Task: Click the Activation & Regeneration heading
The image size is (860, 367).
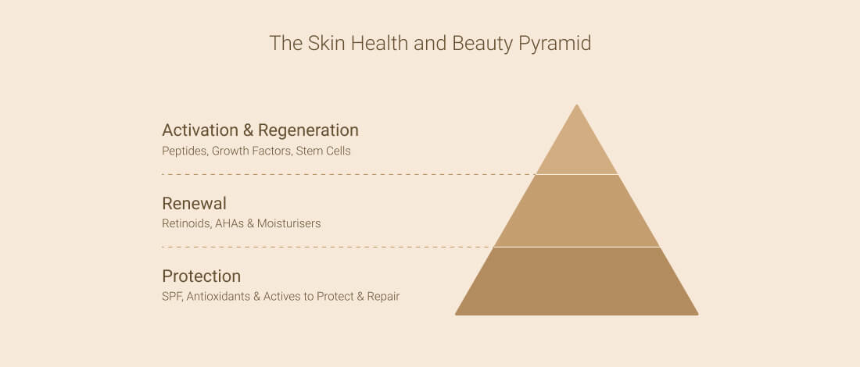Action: (x=260, y=130)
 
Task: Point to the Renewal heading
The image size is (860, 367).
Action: (x=194, y=204)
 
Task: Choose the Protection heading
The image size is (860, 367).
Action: (x=201, y=276)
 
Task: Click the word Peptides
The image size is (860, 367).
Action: (x=185, y=151)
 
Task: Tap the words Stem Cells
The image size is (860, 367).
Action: (x=323, y=151)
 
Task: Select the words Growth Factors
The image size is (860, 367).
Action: (x=252, y=151)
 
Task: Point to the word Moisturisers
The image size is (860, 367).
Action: (x=289, y=223)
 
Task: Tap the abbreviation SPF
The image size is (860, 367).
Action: (x=172, y=297)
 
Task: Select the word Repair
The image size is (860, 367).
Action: (x=383, y=297)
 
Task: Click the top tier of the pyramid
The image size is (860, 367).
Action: (x=576, y=148)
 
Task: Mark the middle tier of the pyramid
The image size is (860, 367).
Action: (x=576, y=211)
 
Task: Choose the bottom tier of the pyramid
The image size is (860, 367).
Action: (x=576, y=282)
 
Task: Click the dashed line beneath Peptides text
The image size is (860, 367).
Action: (x=349, y=174)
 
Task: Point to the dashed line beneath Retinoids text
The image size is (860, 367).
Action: (x=328, y=247)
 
